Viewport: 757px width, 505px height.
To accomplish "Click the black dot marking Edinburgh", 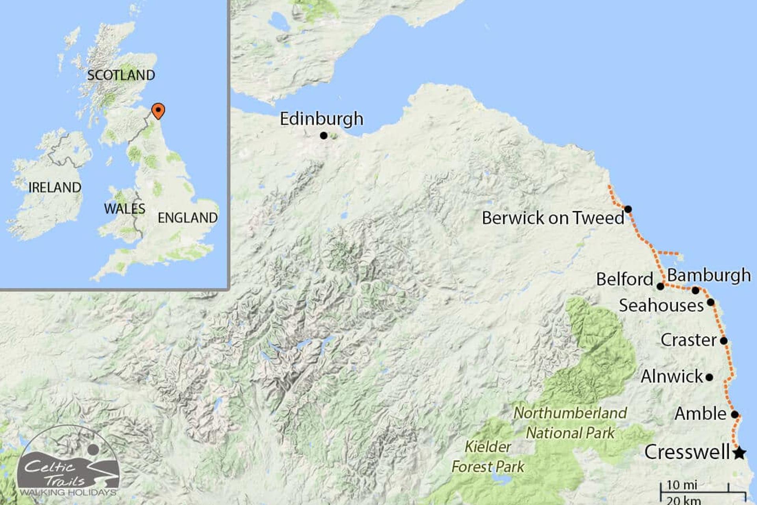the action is pyautogui.click(x=324, y=136).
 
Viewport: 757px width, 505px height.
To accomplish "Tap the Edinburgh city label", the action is pyautogui.click(x=321, y=119).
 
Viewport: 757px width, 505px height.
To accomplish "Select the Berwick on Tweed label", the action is pyautogui.click(x=553, y=218).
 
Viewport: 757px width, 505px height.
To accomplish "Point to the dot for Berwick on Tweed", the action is pyautogui.click(x=628, y=209).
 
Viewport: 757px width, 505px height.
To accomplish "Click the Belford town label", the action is pyautogui.click(x=625, y=279).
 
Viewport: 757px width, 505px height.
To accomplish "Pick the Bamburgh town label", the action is pyautogui.click(x=709, y=275).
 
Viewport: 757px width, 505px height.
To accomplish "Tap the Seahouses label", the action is pyautogui.click(x=661, y=305).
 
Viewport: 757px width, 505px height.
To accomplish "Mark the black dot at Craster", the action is pyautogui.click(x=724, y=340).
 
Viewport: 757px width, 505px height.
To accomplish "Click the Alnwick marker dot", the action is pyautogui.click(x=709, y=378).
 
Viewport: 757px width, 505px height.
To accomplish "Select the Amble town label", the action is pyautogui.click(x=700, y=413).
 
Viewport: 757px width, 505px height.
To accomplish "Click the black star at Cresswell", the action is pyautogui.click(x=740, y=453).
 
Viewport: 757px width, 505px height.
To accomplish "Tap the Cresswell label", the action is pyautogui.click(x=687, y=452).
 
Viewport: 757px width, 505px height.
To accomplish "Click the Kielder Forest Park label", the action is pyautogui.click(x=488, y=457).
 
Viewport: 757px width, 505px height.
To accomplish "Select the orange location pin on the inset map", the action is pyautogui.click(x=158, y=110).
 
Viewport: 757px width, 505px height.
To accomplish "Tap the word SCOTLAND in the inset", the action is pyautogui.click(x=121, y=75).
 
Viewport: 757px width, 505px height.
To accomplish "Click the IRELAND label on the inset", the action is pyautogui.click(x=55, y=187).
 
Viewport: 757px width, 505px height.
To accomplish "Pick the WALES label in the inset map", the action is pyautogui.click(x=125, y=209).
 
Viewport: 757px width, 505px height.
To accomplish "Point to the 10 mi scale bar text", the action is pyautogui.click(x=682, y=485).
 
